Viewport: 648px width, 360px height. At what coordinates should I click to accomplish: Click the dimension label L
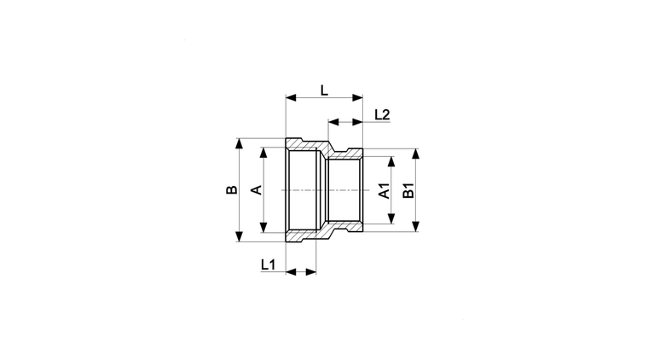click(324, 90)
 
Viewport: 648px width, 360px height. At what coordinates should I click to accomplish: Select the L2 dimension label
click(382, 114)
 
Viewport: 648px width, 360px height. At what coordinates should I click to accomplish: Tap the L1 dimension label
click(268, 264)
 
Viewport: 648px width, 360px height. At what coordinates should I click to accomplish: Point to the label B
click(232, 189)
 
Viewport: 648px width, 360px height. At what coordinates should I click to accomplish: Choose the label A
click(257, 189)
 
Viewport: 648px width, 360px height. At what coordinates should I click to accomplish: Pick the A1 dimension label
click(385, 190)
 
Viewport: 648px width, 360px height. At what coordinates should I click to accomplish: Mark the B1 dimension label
click(408, 190)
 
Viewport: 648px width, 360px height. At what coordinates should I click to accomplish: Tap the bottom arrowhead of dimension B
click(239, 236)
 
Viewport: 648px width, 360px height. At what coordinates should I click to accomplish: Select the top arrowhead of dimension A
click(263, 153)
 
